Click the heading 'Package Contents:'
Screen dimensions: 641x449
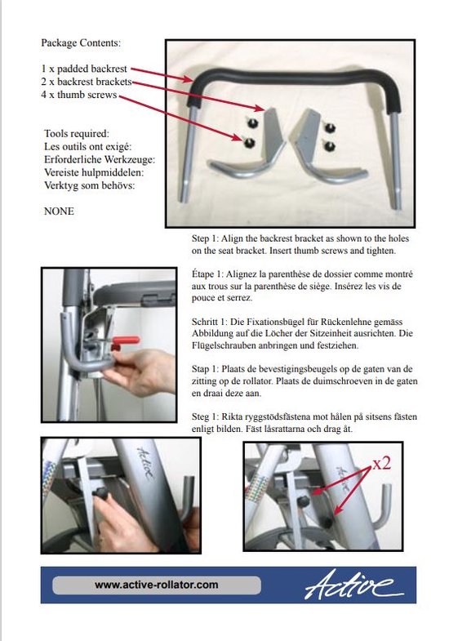(x=85, y=42)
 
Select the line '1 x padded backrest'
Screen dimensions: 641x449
(x=85, y=69)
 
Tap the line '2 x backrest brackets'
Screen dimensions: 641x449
(x=87, y=82)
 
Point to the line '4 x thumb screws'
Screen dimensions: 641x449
(x=79, y=96)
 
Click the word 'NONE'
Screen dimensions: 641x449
(x=58, y=211)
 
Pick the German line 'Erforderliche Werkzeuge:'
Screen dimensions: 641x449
(x=98, y=159)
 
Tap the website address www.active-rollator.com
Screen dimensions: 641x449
(x=156, y=585)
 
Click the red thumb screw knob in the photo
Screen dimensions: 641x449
(x=126, y=340)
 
